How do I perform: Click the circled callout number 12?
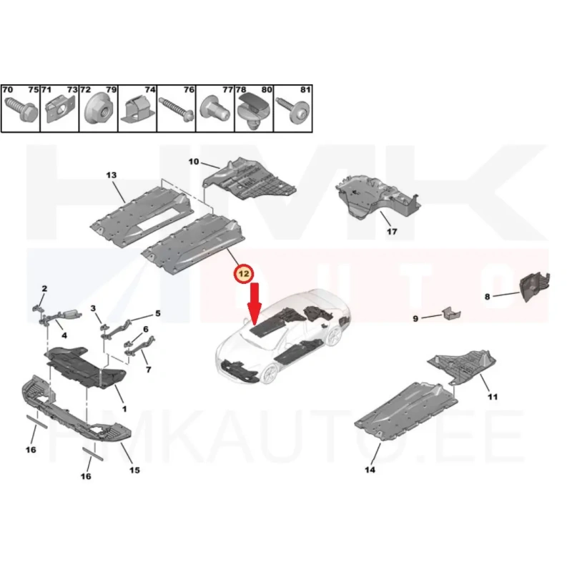[x=244, y=274]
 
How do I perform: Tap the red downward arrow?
[x=255, y=303]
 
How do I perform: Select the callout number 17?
[x=392, y=231]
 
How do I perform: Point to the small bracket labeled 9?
[x=451, y=314]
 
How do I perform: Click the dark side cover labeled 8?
[x=534, y=287]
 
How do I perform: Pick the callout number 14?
[x=370, y=470]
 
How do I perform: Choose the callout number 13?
[x=112, y=175]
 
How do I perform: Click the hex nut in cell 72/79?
[x=99, y=111]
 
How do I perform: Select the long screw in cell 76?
[x=177, y=109]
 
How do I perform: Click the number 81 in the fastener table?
[x=305, y=90]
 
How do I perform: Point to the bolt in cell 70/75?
[x=21, y=108]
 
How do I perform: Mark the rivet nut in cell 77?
[x=216, y=109]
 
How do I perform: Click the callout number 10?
[x=193, y=162]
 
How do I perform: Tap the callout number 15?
[x=134, y=470]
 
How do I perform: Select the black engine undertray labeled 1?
[x=85, y=367]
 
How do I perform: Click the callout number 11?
[x=493, y=397]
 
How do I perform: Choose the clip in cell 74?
[x=137, y=109]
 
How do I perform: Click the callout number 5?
[x=157, y=313]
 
